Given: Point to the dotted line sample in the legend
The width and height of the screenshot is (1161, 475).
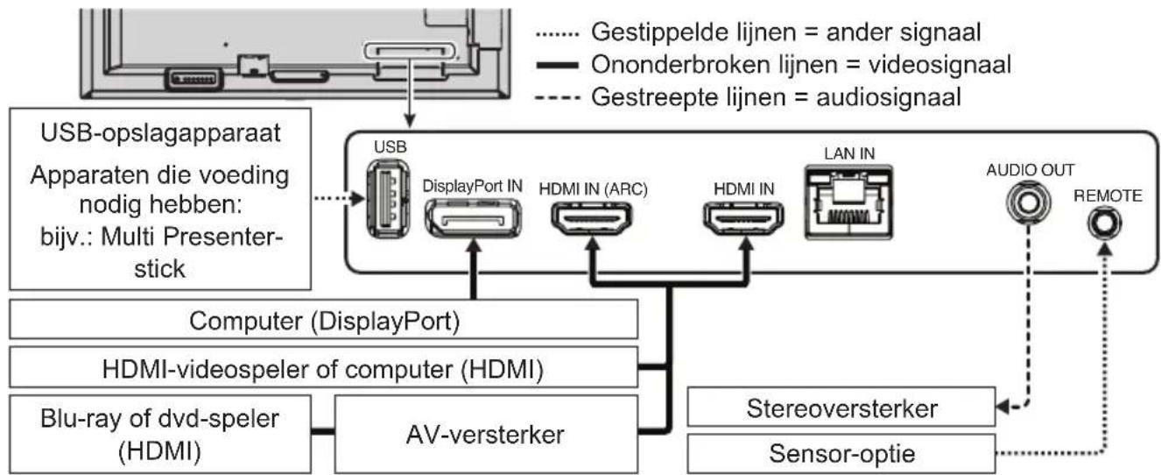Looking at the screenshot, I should click(x=556, y=34).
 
